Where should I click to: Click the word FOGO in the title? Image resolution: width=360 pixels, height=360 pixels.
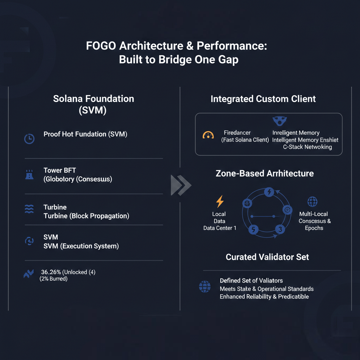[x=101, y=46]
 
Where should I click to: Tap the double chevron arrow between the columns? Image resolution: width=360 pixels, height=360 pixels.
[x=181, y=185]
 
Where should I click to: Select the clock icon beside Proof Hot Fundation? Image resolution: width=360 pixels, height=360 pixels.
[x=30, y=139]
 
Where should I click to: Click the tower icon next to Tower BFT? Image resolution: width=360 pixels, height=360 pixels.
[x=30, y=174]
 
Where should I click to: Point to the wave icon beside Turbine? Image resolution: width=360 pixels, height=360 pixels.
[x=29, y=209]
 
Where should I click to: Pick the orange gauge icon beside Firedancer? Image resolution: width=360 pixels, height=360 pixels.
[x=208, y=135]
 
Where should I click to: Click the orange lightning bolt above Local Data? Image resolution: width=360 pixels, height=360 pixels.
[x=220, y=201]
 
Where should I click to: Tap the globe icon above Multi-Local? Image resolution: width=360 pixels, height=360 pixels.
[x=313, y=201]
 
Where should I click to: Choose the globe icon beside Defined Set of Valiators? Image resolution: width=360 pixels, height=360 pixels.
[x=205, y=287]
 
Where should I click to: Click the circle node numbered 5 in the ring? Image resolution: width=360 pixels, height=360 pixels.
[x=253, y=229]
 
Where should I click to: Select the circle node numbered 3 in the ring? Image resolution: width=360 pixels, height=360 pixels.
[x=280, y=229]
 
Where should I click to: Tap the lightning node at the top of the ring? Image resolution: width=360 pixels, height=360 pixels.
[x=269, y=192]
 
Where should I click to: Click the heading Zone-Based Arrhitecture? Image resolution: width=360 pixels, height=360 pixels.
[x=265, y=173]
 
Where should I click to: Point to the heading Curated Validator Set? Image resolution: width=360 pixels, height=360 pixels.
[x=267, y=257]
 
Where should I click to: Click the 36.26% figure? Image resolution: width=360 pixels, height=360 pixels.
[x=51, y=272]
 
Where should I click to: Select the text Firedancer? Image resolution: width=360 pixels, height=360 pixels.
[x=237, y=133]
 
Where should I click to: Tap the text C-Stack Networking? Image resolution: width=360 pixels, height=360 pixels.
[x=307, y=147]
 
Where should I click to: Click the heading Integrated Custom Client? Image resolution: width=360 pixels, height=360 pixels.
[x=263, y=99]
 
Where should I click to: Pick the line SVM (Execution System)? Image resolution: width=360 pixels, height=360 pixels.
[x=81, y=246]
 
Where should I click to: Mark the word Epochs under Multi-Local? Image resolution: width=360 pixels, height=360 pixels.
[x=314, y=228]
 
